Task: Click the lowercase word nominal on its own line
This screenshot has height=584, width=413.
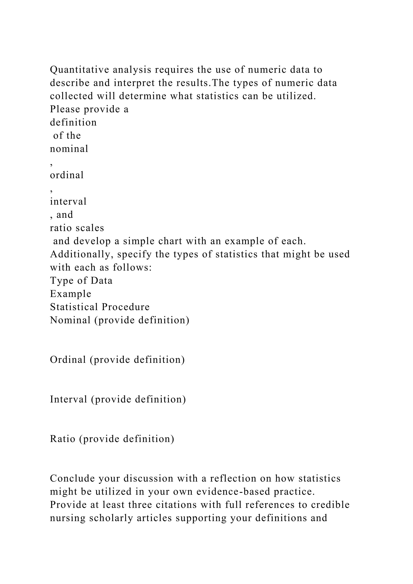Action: point(69,149)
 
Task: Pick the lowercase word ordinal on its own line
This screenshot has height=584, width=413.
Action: point(67,175)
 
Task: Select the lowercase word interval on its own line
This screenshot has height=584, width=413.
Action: point(68,202)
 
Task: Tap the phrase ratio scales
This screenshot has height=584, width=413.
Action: point(77,228)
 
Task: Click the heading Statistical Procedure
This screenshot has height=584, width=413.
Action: point(100,307)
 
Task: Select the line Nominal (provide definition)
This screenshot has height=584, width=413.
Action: point(120,320)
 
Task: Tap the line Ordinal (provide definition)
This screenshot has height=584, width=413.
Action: point(117,360)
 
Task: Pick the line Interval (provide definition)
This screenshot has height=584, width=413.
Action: point(118,399)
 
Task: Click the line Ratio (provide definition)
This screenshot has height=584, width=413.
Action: point(112,439)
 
